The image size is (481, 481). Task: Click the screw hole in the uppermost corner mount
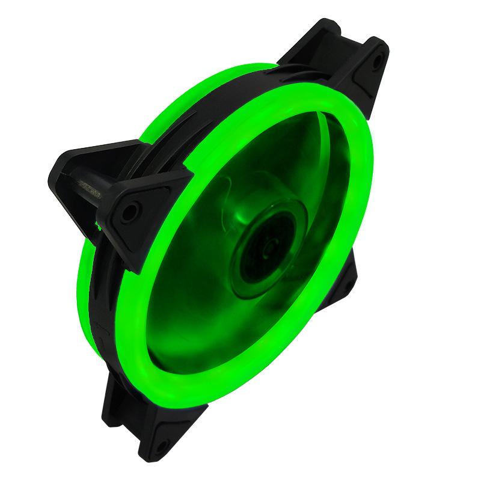pyautogui.click(x=376, y=60)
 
